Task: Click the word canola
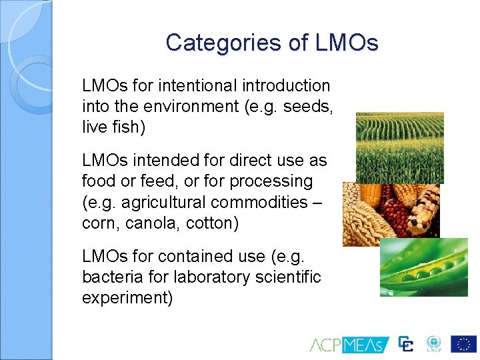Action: [x=151, y=222]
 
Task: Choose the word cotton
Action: [x=212, y=222]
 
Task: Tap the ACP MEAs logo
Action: [x=349, y=344]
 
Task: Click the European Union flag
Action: [x=463, y=343]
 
